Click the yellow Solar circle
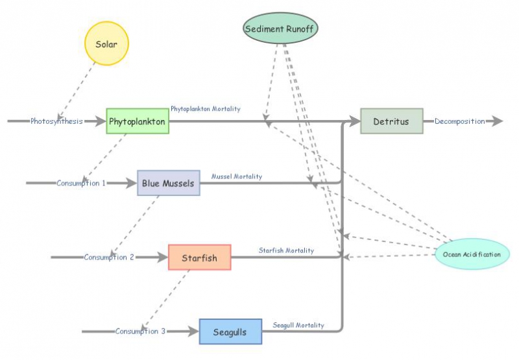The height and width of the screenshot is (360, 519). pos(107,43)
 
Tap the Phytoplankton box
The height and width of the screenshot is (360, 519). pos(138,121)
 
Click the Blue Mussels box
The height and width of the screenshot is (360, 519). pos(169,184)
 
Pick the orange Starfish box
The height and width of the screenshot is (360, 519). pos(199,258)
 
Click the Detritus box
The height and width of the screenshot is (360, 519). pos(391,121)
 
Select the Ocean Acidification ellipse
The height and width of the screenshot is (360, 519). pos(472,254)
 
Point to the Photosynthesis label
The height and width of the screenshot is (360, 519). pos(56,121)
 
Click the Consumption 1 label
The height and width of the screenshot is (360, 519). pos(81,184)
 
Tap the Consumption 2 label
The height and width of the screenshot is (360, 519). pos(109,258)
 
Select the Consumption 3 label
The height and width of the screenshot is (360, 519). pos(140,331)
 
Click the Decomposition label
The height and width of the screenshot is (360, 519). pos(459,121)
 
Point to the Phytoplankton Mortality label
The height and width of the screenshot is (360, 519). pos(205,109)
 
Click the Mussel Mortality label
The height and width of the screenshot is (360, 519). pos(237,176)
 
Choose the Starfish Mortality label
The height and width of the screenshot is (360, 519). pos(286,250)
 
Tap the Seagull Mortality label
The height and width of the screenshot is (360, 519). pos(298,325)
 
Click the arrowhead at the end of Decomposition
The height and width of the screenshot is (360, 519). pos(497,121)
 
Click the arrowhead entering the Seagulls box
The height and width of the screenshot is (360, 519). pos(194,331)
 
